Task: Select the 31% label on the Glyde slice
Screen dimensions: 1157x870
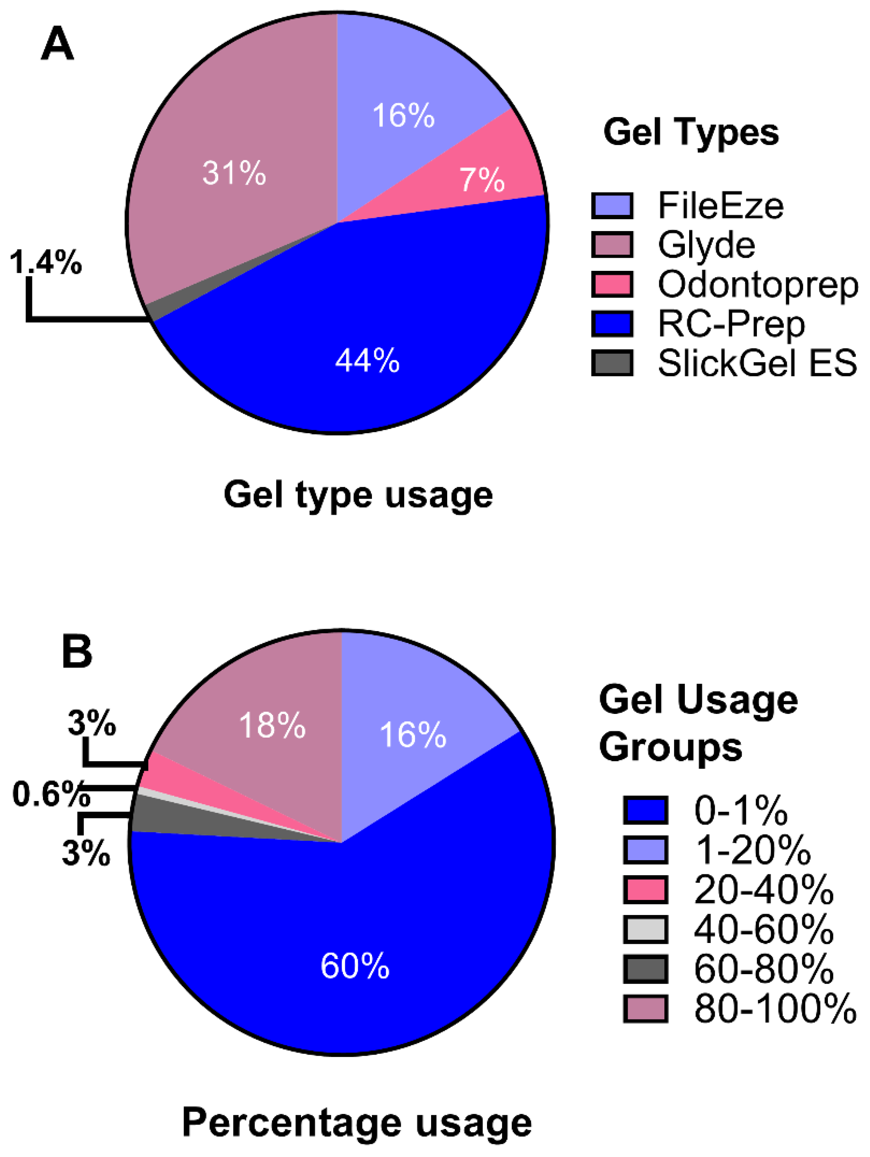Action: (x=234, y=173)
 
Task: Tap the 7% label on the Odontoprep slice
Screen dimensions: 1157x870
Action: (x=482, y=179)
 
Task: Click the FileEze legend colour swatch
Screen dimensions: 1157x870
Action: (x=612, y=205)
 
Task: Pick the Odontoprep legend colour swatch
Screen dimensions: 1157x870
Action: (x=612, y=284)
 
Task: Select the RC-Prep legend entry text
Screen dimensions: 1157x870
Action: (x=731, y=324)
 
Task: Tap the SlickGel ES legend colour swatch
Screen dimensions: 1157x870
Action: (x=612, y=363)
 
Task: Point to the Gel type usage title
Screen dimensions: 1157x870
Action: (x=358, y=494)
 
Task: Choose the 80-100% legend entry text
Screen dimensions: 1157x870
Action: (x=775, y=1008)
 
